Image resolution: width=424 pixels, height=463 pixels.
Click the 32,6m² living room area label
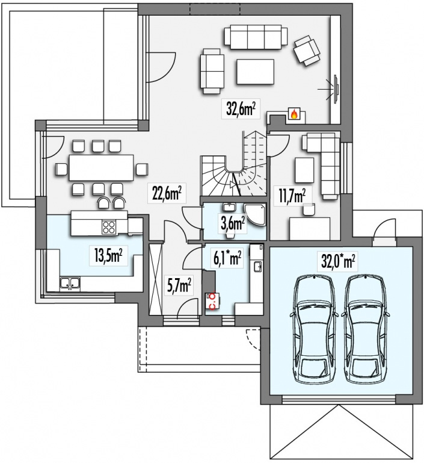pos(241,108)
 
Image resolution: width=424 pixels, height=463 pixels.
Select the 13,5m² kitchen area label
pos(108,255)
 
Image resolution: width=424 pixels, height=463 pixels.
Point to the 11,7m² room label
pos(292,196)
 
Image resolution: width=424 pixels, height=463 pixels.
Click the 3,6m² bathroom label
pos(233,224)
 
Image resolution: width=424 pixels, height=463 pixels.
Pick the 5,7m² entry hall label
pos(179,285)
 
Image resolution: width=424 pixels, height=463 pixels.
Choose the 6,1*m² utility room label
pos(227,257)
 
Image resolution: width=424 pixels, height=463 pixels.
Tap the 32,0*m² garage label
pos(337,261)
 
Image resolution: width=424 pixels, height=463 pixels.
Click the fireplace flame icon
pos(293,114)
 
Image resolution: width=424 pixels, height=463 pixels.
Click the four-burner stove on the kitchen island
pos(109,227)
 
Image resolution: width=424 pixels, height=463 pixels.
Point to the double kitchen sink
pos(70,282)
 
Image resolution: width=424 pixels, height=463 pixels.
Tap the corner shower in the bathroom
pos(255,215)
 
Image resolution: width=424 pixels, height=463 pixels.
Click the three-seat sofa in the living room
pos(256,37)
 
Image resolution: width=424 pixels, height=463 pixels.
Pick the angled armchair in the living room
pos(307,51)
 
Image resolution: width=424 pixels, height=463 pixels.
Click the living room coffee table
pos(255,72)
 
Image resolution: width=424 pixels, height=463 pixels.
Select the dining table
pos(101,167)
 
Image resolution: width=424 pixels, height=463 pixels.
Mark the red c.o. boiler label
pos(212,300)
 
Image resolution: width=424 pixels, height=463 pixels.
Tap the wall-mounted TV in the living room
pos(336,89)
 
